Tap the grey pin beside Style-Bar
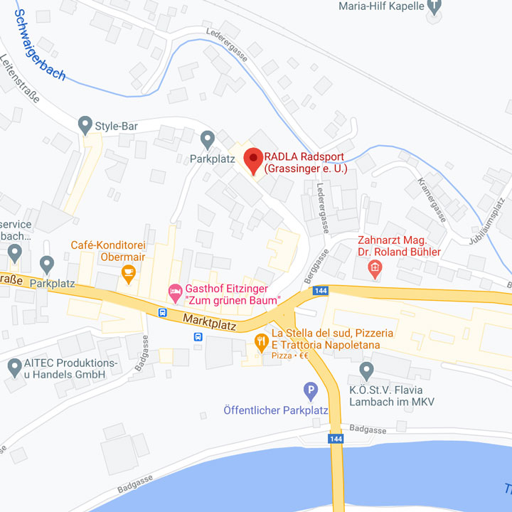click(x=85, y=125)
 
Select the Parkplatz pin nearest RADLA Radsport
click(x=208, y=138)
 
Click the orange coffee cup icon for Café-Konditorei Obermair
click(x=128, y=271)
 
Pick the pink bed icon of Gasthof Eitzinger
click(x=175, y=291)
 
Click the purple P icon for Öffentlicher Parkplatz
click(x=310, y=390)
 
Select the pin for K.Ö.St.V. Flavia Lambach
click(x=366, y=370)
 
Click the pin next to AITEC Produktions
click(x=14, y=368)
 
